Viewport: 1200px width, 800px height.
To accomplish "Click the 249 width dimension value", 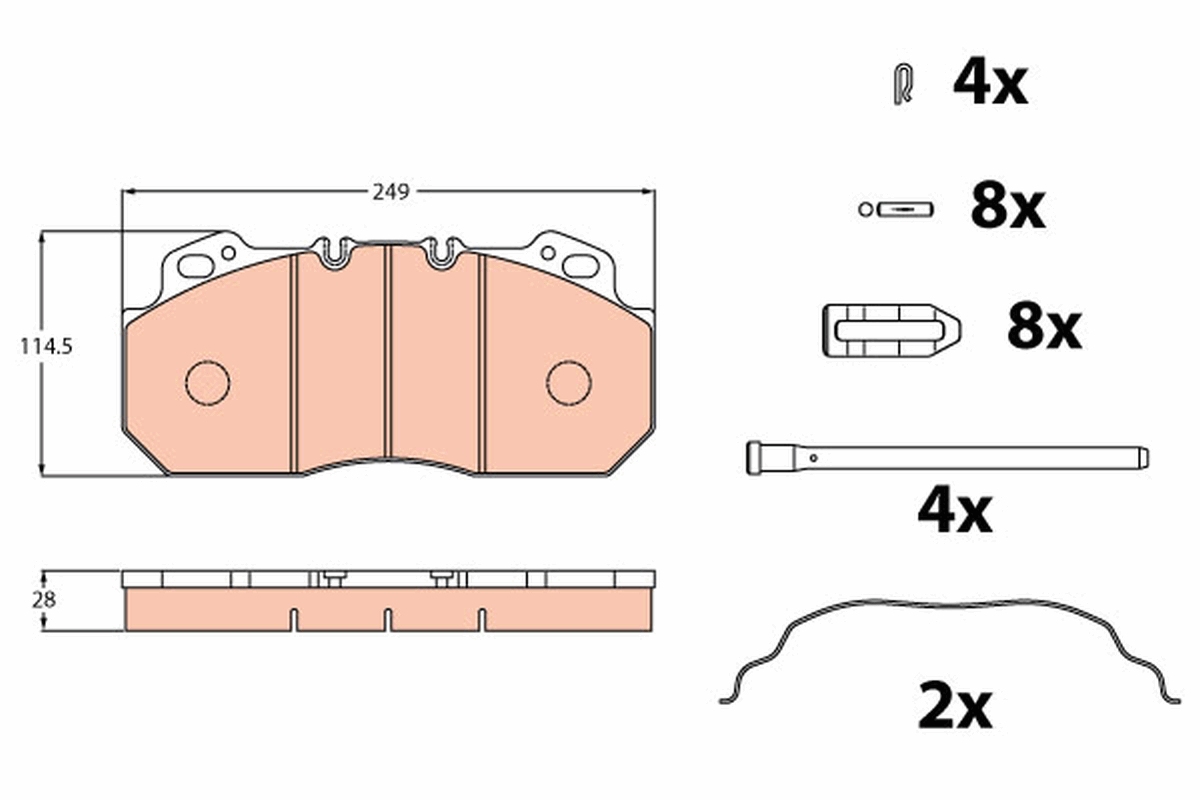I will pos(391,192).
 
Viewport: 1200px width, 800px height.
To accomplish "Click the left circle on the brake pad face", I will pos(208,382).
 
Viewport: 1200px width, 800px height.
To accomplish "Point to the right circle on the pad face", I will pos(568,382).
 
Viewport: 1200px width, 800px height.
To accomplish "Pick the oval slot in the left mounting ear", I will pos(196,266).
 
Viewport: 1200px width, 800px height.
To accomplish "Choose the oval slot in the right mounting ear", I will pos(580,266).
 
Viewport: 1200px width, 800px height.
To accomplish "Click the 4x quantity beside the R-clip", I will pos(990,83).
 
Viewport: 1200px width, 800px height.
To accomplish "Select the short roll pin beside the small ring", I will pos(905,209).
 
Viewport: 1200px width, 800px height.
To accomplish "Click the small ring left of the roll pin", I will pos(865,209).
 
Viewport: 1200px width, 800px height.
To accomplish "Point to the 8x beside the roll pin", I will pos(1007,207).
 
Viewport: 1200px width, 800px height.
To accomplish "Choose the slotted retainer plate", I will pos(890,329).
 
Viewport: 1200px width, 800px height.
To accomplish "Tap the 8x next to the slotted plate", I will pos(1044,327).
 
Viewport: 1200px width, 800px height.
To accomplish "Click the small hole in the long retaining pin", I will pos(815,458).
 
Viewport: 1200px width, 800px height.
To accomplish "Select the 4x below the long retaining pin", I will pos(955,512).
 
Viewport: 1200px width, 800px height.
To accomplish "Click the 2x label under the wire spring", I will pos(955,707).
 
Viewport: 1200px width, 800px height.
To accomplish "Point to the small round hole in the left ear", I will pos(228,252).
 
